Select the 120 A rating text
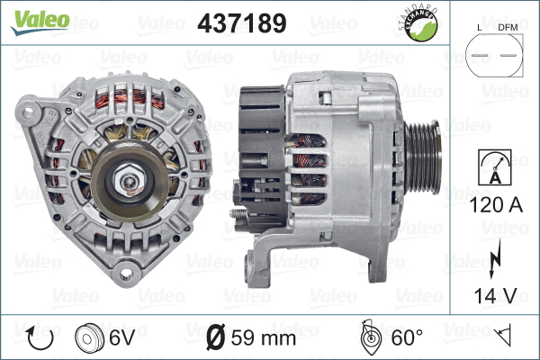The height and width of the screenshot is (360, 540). pyautogui.click(x=495, y=205)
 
